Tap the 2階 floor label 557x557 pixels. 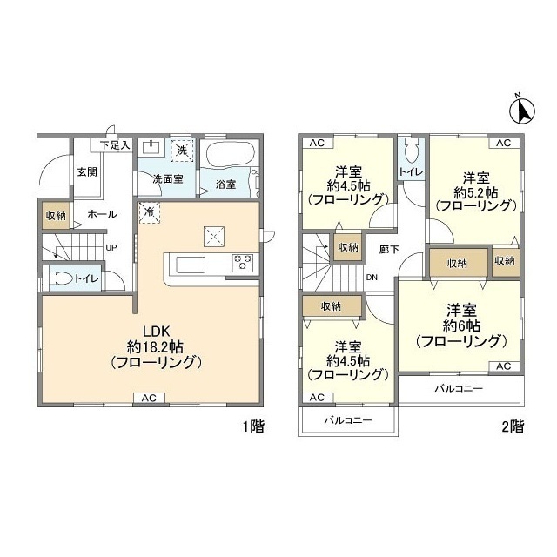(x=512, y=426)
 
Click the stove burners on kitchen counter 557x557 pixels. (x=241, y=261)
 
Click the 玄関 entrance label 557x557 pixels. (x=86, y=171)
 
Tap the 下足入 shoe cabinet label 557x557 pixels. (x=113, y=144)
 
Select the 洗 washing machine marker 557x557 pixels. (x=181, y=150)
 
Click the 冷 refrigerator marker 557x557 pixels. (x=149, y=211)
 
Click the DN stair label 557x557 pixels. (x=372, y=278)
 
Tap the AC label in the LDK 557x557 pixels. (x=148, y=398)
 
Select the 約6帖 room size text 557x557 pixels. (x=461, y=325)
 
